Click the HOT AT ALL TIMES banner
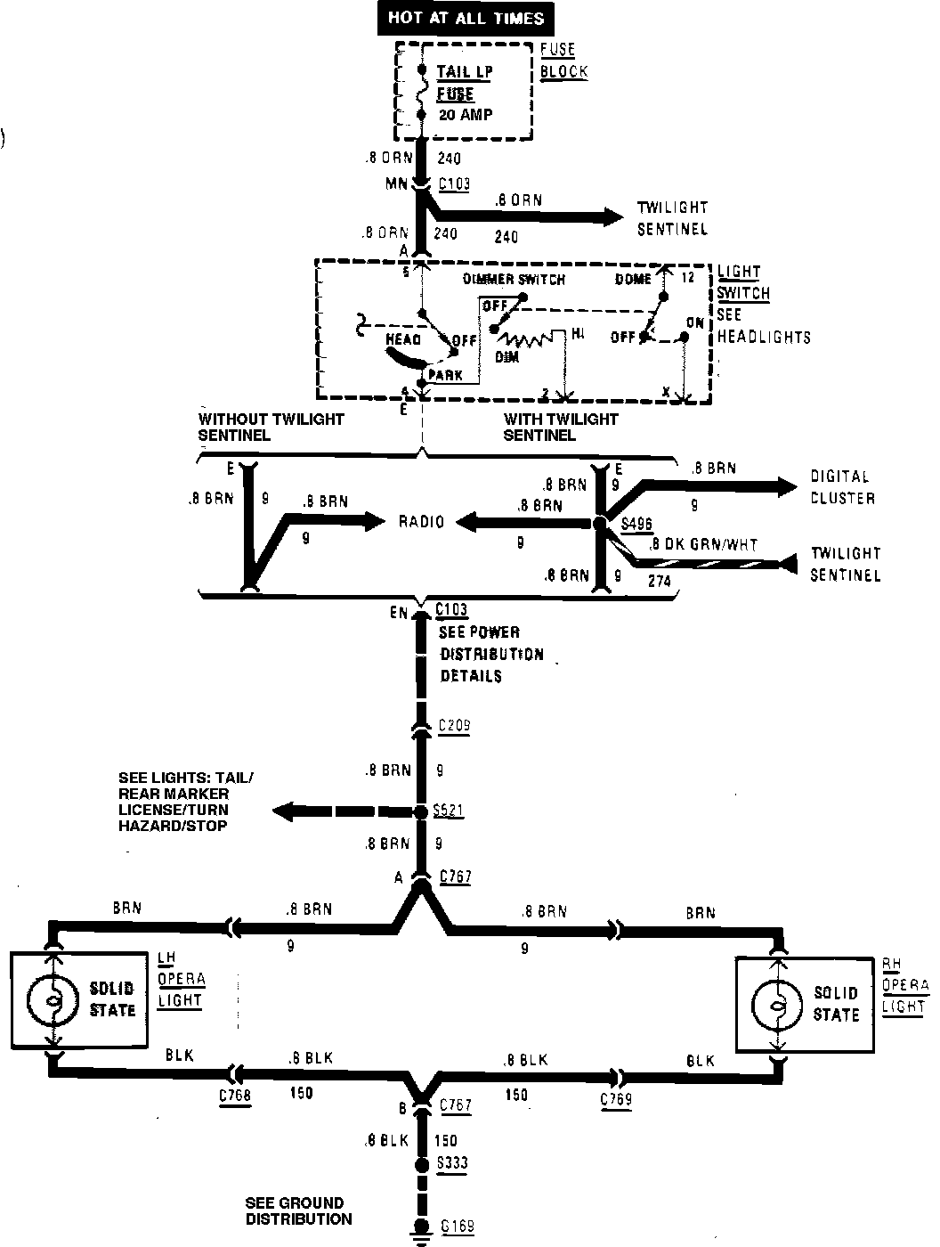pyautogui.click(x=466, y=17)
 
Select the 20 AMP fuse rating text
pyautogui.click(x=465, y=115)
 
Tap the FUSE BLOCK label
pyautogui.click(x=563, y=61)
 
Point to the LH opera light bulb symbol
pyautogui.click(x=54, y=1000)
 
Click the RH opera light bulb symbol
pyautogui.click(x=777, y=1004)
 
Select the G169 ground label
pyautogui.click(x=457, y=1227)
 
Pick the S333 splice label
pyautogui.click(x=453, y=1163)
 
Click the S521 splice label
pyautogui.click(x=448, y=811)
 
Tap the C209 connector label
pyautogui.click(x=454, y=726)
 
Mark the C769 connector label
pyautogui.click(x=616, y=1098)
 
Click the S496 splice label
pyautogui.click(x=637, y=524)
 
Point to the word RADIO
pyautogui.click(x=421, y=522)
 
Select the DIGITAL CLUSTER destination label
pyautogui.click(x=842, y=487)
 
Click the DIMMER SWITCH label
pyautogui.click(x=514, y=279)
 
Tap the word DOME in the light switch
pyautogui.click(x=633, y=279)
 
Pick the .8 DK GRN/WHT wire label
pyautogui.click(x=703, y=544)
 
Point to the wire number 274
pyautogui.click(x=659, y=581)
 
